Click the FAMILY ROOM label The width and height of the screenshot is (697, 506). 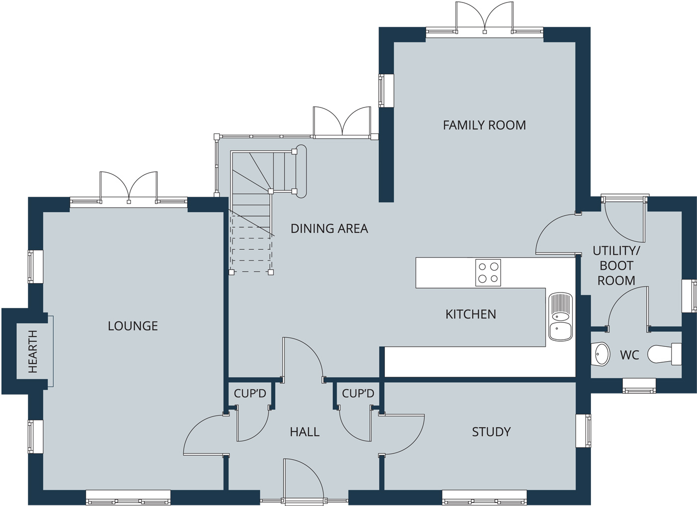coord(484,125)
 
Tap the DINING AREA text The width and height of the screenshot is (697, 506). coord(329,228)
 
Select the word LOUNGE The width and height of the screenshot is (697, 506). coord(133,326)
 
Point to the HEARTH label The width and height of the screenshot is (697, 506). coord(33,351)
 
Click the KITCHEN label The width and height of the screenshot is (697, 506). coord(471,314)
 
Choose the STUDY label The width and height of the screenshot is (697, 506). coord(491,432)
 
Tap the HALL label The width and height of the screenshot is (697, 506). coord(305,432)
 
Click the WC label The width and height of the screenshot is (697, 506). coord(629,355)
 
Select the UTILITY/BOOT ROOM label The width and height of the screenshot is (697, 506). coord(616,266)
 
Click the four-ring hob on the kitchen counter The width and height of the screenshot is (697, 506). coord(488,273)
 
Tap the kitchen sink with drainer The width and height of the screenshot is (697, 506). coord(561,316)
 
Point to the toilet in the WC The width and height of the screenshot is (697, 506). coord(665,354)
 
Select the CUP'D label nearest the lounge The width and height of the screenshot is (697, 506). coord(250,394)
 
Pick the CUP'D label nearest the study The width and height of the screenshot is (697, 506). coord(358,394)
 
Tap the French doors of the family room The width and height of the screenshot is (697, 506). coord(484,17)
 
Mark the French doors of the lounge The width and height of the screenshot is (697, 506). coord(128,187)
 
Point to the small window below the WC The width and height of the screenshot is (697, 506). coord(639,386)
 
